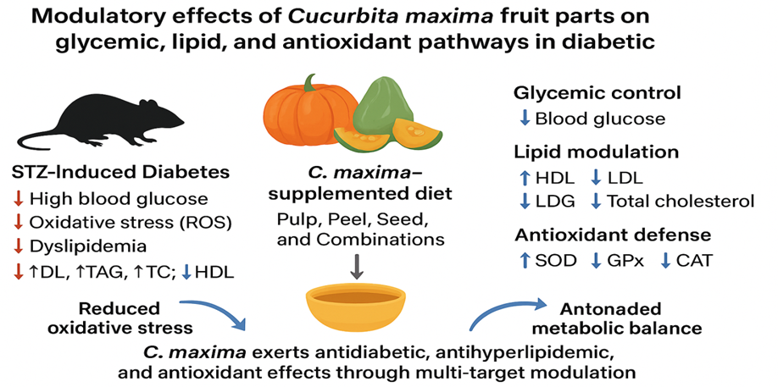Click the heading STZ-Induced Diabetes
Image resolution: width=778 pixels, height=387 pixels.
point(120,173)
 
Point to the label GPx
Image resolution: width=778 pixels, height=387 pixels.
point(625,261)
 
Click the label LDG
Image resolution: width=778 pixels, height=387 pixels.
point(555,201)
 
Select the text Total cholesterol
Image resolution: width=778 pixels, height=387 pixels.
point(681,201)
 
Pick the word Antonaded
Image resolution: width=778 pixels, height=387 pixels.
point(611,309)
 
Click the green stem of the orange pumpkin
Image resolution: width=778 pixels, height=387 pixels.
point(311,82)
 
